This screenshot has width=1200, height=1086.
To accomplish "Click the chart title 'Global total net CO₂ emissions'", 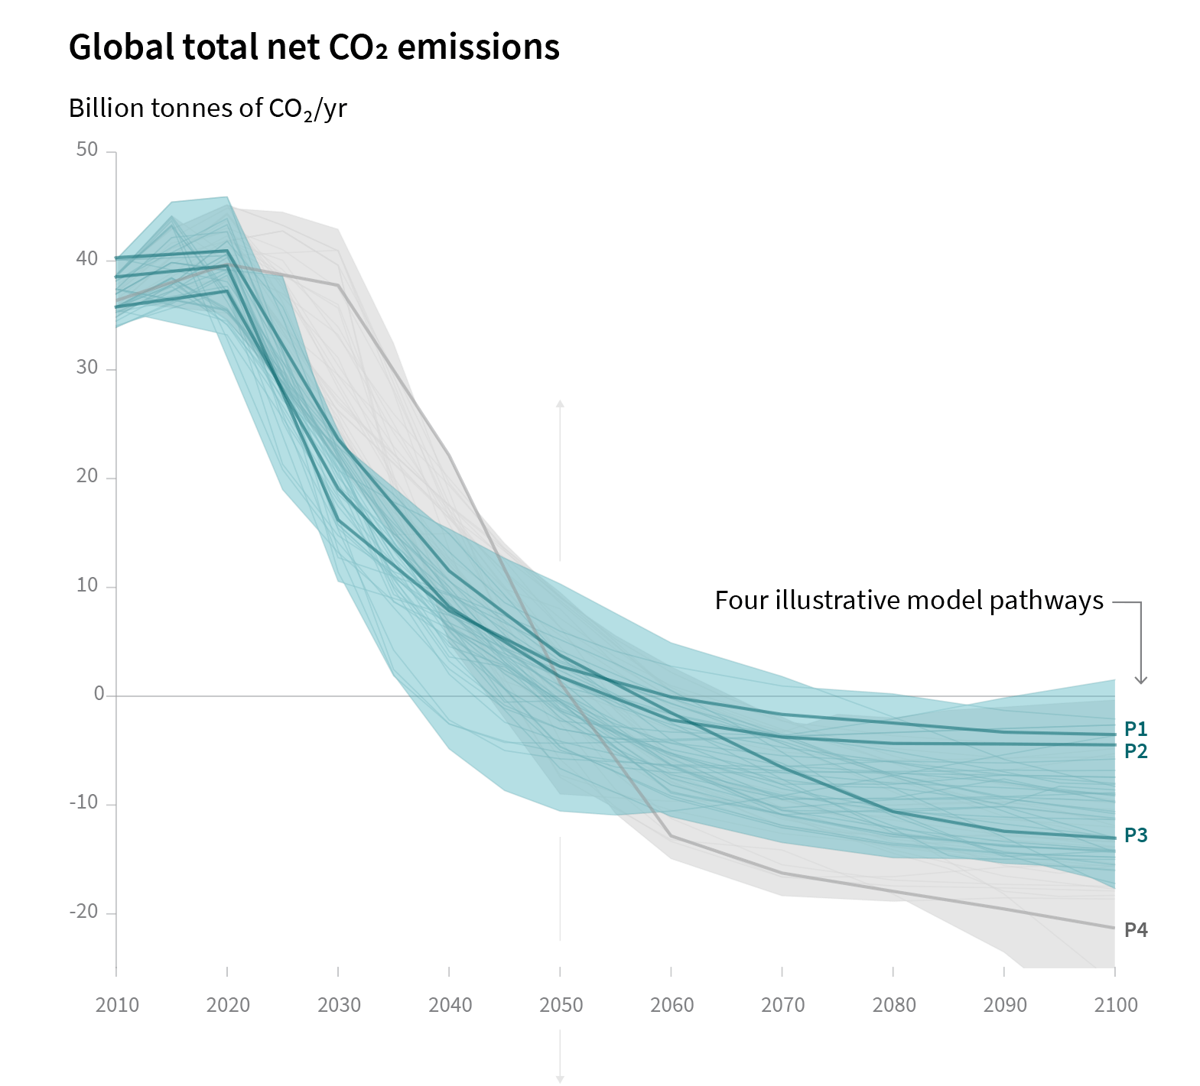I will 314,47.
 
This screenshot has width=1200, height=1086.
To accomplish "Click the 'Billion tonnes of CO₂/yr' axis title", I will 207,109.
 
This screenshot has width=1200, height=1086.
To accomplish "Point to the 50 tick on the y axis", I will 87,150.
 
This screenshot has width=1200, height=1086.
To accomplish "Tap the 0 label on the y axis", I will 99,694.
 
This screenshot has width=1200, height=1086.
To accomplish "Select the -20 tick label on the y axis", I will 83,912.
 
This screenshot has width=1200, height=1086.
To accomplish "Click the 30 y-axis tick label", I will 87,368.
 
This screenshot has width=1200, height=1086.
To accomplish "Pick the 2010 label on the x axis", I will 117,1004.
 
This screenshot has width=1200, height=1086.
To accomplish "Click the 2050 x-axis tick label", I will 561,1004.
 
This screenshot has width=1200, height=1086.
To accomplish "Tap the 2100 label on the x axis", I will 1115,1004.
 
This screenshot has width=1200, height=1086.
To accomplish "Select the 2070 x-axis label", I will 782,1004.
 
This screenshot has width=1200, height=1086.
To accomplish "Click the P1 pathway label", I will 1136,729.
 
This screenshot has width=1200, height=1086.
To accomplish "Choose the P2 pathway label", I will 1136,751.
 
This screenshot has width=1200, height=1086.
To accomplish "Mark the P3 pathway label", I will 1136,835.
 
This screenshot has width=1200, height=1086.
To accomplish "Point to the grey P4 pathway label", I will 1136,930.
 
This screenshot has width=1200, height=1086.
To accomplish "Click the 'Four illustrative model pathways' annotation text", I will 909,601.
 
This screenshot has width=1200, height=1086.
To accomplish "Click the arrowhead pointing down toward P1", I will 1140,679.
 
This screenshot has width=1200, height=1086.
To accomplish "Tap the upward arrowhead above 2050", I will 560,404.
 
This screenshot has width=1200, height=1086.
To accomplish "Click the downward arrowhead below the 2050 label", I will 560,1078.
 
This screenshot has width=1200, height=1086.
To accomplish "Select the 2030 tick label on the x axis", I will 339,1004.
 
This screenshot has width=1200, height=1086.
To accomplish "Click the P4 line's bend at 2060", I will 671,836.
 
